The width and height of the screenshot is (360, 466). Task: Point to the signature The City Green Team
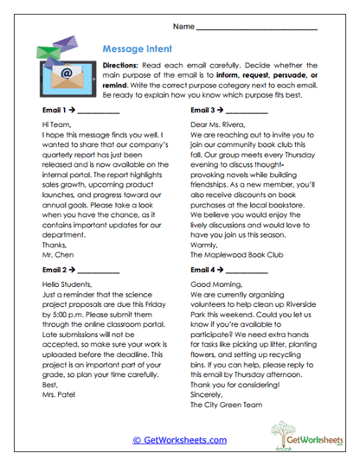(x=227, y=402)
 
